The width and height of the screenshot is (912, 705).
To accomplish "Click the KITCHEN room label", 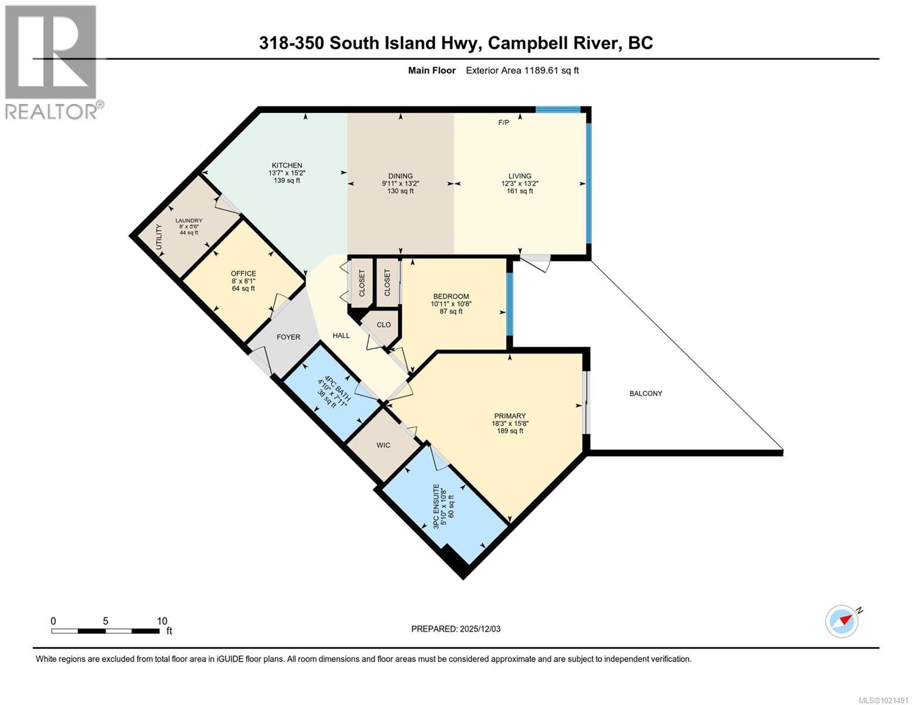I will pos(287,166).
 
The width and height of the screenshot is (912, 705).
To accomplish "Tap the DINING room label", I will pos(401,176).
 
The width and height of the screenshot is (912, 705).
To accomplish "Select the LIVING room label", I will pos(520,176).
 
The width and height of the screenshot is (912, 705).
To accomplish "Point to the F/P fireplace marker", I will pos(503,123).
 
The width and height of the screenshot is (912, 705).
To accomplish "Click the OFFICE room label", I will pos(243,274).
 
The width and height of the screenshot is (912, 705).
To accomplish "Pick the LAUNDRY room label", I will pos(189,221).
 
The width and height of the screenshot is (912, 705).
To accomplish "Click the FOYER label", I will pos(288,337).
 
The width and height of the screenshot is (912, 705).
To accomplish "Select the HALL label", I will pos(341,335).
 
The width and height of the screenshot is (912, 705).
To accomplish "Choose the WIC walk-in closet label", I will pos(383,445).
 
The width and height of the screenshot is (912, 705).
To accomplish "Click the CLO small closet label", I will pos(383,325).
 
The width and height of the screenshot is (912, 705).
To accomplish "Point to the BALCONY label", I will pos(645,394).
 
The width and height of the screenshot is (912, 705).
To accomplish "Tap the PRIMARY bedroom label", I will pos(509,416).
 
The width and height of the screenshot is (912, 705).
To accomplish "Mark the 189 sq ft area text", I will pos(509,431).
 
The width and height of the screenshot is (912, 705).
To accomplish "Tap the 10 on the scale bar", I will pos(162,621).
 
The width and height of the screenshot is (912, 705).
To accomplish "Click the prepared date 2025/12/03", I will pos(479,629).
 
